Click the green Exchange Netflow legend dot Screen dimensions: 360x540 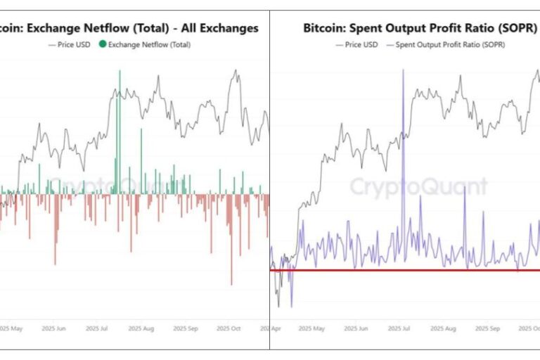pos(103,44)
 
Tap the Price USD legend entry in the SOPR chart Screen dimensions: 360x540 pos(360,44)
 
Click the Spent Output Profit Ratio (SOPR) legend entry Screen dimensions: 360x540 pos(450,44)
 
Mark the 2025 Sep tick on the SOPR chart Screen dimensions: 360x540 pos(486,328)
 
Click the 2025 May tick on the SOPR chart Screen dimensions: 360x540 pos(312,328)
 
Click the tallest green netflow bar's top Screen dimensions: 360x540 pos(120,72)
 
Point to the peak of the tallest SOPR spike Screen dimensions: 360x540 pos(403,70)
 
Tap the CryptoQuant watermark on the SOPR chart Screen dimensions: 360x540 pos(418,187)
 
